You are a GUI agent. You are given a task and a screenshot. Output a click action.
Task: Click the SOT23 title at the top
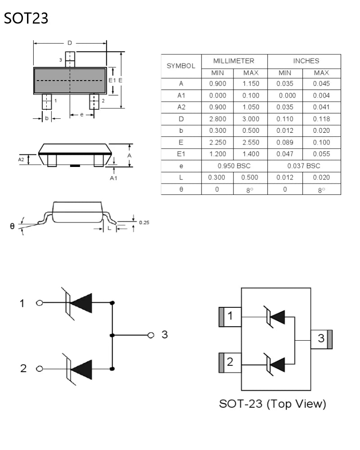(26, 18)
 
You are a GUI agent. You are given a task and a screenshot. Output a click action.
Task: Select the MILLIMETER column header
(234, 61)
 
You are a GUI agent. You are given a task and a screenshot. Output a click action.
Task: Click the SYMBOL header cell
(181, 66)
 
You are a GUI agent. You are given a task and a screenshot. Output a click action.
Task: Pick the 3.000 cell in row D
(251, 119)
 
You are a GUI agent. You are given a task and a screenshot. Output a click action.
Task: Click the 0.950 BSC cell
(234, 166)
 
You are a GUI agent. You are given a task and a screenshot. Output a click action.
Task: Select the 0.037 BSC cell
(304, 166)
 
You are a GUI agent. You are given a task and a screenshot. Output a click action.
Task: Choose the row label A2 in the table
(181, 107)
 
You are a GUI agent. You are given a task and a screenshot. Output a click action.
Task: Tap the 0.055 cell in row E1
(321, 154)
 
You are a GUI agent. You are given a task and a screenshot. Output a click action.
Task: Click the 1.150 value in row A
(251, 84)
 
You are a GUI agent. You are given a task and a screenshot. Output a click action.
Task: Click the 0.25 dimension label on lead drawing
(144, 222)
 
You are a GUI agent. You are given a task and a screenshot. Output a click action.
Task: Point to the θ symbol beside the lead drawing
(12, 225)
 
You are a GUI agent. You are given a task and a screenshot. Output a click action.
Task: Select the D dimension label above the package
(70, 43)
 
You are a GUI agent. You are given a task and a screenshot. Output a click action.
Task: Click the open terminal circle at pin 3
(151, 335)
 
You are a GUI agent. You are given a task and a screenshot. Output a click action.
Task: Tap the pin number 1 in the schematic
(22, 303)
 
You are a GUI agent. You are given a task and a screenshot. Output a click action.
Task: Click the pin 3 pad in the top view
(321, 339)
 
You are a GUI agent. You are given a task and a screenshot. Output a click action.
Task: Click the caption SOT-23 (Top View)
(272, 404)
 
